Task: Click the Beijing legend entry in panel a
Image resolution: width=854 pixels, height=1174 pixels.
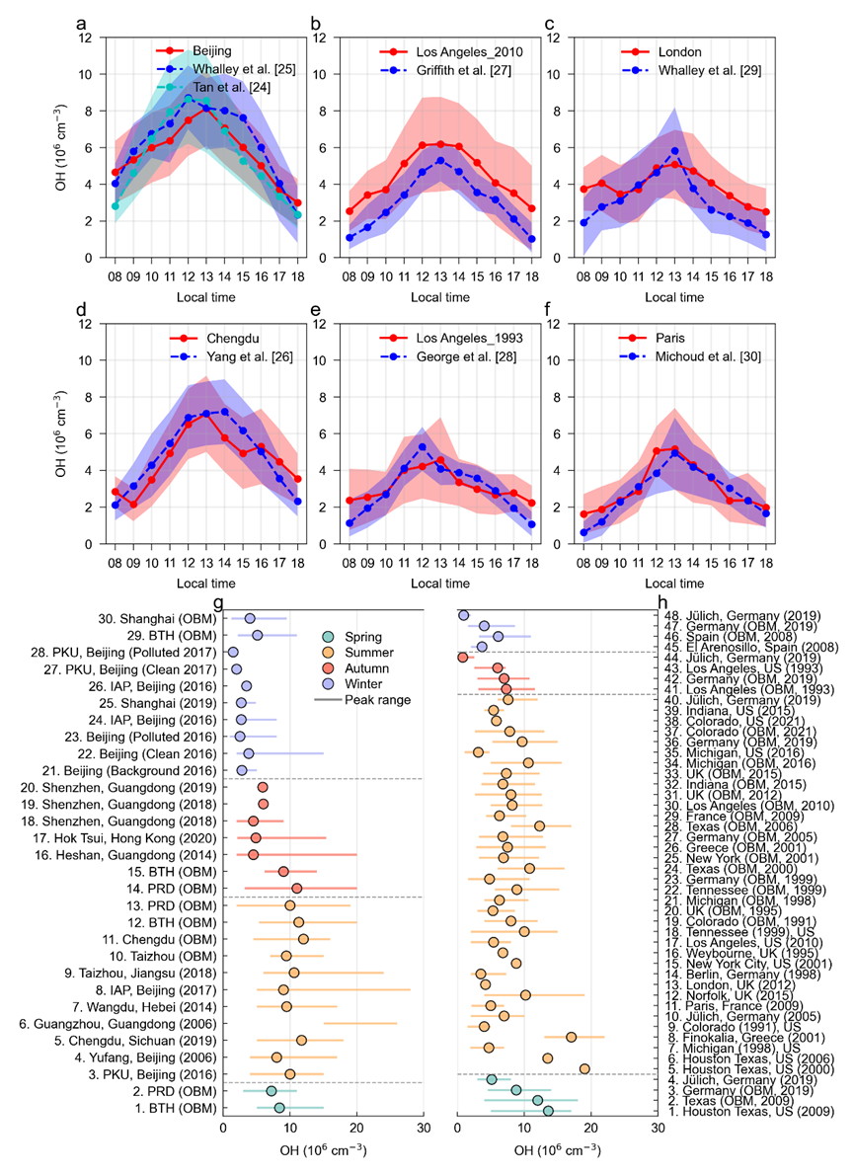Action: click(211, 49)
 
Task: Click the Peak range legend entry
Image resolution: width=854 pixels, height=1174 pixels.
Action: click(377, 699)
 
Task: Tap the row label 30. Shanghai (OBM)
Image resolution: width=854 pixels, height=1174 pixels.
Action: click(162, 619)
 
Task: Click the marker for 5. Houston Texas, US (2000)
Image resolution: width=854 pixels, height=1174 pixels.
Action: click(584, 1068)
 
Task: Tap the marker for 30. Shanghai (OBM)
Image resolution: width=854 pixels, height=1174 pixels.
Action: click(250, 619)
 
